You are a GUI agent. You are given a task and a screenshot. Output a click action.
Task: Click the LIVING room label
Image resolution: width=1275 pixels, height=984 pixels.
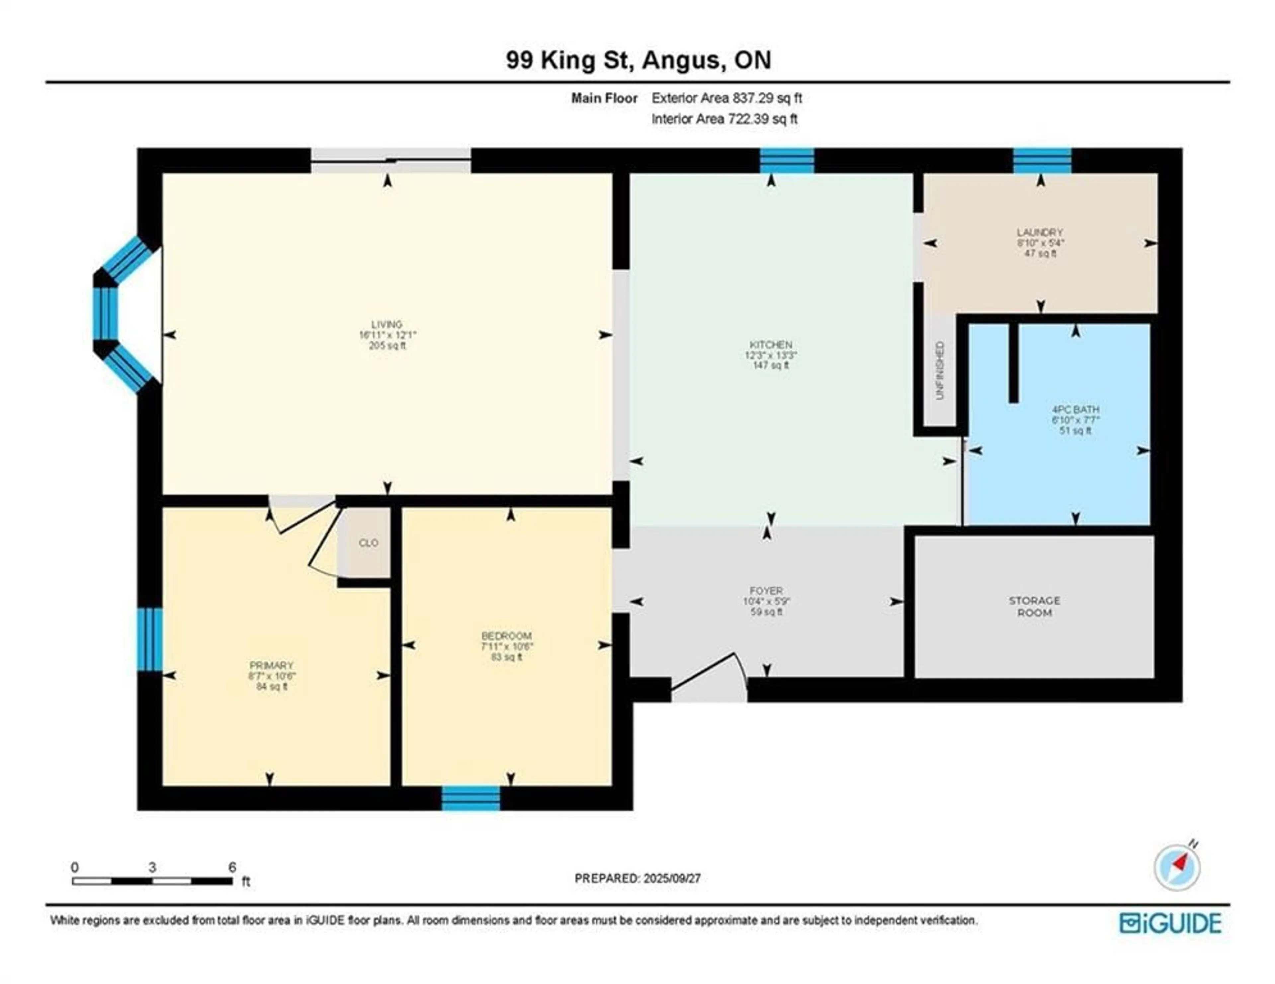tap(387, 324)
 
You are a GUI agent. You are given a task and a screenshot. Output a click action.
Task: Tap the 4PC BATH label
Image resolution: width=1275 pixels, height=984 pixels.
tap(1075, 410)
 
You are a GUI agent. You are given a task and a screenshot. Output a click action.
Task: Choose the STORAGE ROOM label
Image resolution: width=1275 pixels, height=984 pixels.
tap(1035, 607)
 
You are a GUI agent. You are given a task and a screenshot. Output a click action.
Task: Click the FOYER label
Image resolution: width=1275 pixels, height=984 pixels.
tap(767, 591)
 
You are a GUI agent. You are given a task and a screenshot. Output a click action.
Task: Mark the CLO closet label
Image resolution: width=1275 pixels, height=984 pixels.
tap(368, 543)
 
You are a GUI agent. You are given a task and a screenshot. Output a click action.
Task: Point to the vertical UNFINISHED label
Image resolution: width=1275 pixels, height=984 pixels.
tap(939, 370)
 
